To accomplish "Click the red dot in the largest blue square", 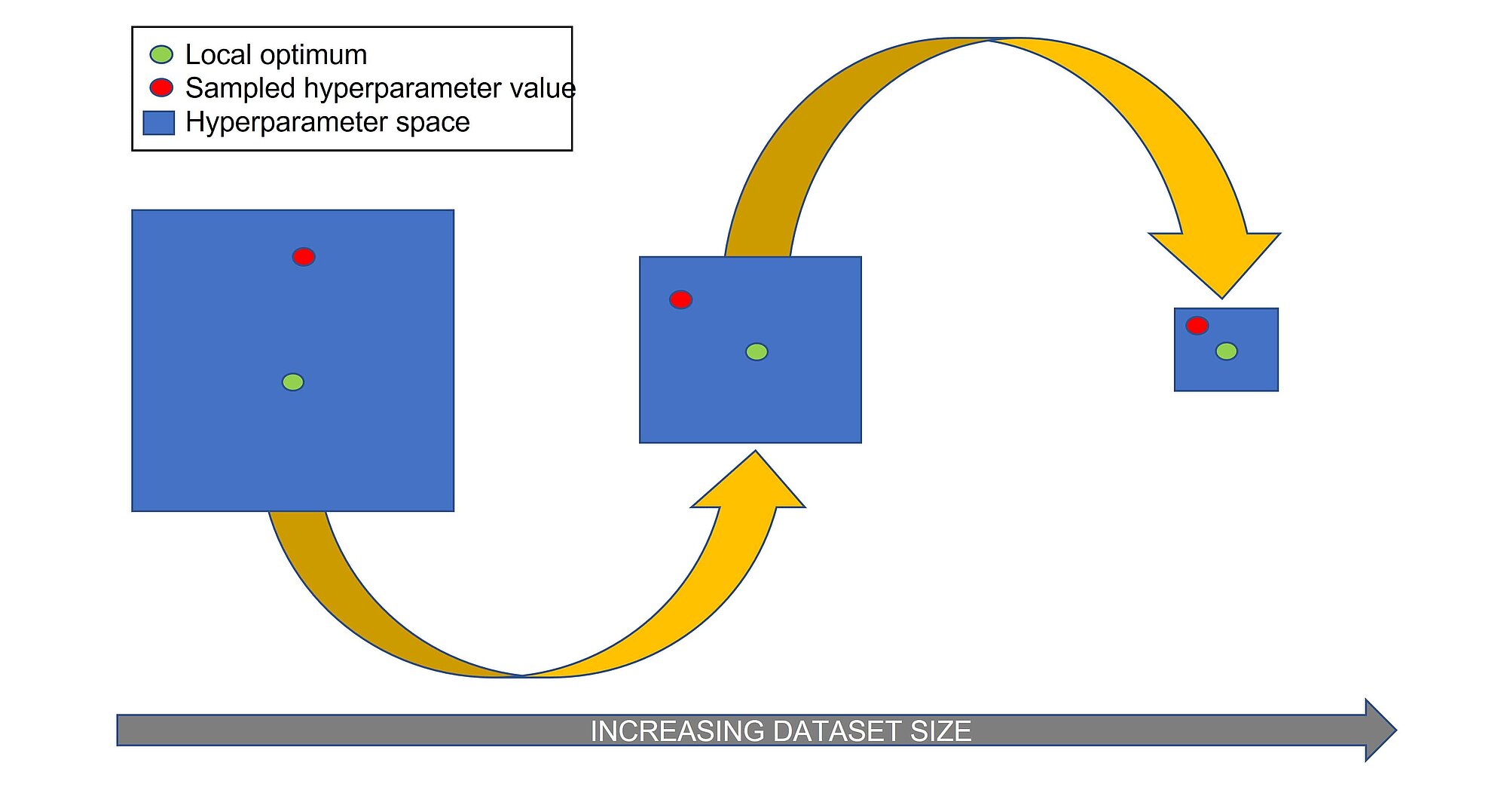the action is pyautogui.click(x=304, y=257).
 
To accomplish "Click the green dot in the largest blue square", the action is pyautogui.click(x=293, y=382).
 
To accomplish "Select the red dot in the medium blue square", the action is pyautogui.click(x=681, y=299).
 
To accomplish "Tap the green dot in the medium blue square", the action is pyautogui.click(x=757, y=352).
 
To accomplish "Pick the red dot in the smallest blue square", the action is pyautogui.click(x=1197, y=326).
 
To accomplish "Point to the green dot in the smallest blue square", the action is pyautogui.click(x=1227, y=351).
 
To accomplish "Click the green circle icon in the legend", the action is pyautogui.click(x=161, y=54).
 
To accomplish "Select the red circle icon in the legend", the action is pyautogui.click(x=161, y=87).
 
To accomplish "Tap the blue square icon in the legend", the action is pyautogui.click(x=159, y=123).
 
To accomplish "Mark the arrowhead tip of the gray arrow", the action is pyautogui.click(x=1396, y=730).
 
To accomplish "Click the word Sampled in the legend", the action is pyautogui.click(x=240, y=89).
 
